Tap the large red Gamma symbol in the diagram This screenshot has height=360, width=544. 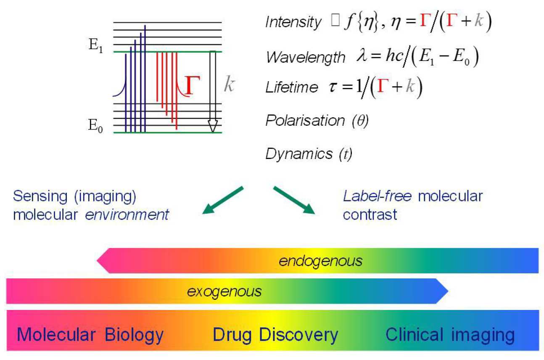pos(190,84)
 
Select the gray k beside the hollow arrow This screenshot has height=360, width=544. pos(229,85)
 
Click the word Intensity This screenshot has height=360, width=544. pos(293,22)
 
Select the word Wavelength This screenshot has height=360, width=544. pos(305,57)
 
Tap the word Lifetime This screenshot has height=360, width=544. pos(292,87)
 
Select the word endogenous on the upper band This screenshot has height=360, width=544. pos(320,261)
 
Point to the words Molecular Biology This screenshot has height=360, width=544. pos(90,335)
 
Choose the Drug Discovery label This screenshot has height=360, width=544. pos(275,335)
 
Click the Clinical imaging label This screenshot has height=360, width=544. pos(450,335)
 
